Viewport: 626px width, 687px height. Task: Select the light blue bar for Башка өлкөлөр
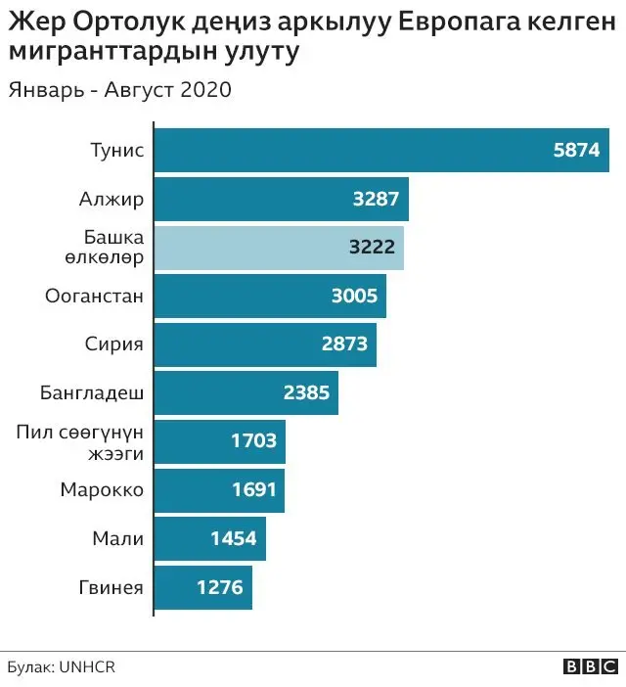click(280, 248)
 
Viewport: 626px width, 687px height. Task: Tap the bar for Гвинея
click(203, 588)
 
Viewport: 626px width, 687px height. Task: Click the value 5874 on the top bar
click(575, 152)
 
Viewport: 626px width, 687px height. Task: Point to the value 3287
click(376, 200)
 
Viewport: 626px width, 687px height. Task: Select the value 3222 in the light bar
click(372, 248)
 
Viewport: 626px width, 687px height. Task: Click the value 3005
click(353, 297)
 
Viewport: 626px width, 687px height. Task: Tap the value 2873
click(343, 344)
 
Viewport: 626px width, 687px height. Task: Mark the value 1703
click(253, 441)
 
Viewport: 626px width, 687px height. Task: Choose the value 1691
click(253, 490)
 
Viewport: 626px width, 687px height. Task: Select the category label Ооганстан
click(95, 297)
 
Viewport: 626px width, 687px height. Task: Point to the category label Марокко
click(102, 490)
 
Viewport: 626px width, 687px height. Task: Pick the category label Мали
click(118, 539)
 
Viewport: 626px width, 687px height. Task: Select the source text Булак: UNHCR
click(61, 666)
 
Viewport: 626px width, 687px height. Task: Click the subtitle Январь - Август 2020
click(119, 91)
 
